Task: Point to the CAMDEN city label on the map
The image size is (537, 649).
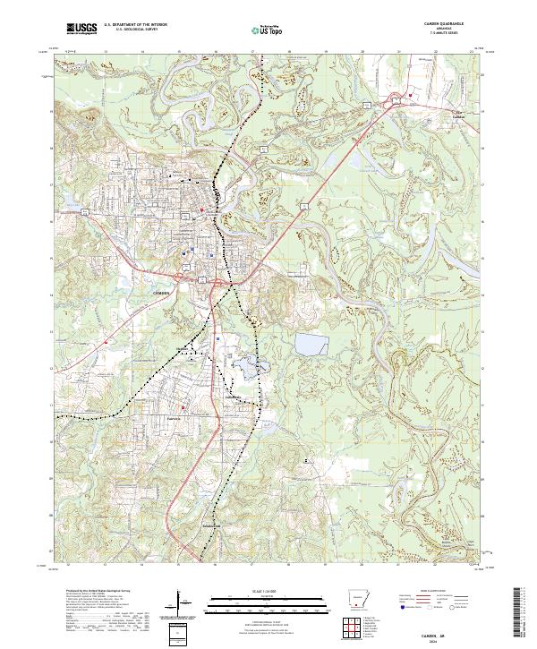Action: coord(161,293)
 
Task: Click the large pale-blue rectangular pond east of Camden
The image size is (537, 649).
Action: coord(309,344)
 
